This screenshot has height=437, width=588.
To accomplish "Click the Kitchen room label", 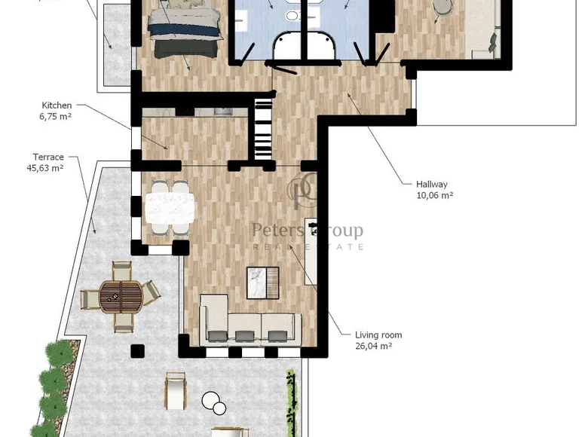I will [57, 105].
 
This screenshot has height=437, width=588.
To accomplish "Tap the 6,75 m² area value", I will [56, 117].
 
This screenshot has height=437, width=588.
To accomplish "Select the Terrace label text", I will [47, 157].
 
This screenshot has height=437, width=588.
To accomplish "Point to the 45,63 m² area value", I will [45, 168].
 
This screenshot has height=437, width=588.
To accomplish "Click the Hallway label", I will [432, 184].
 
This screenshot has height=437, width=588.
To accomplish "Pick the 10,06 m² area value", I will [435, 195].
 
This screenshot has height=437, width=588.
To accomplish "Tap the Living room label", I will [378, 335].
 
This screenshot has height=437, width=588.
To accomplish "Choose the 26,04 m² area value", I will [374, 347].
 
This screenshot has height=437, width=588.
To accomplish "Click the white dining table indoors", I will [170, 209].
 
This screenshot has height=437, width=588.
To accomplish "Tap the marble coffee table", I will [262, 283].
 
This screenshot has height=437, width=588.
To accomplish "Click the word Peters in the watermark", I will [276, 230].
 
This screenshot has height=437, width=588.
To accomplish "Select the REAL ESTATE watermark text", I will [308, 247].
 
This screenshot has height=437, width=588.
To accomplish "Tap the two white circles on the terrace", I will [214, 403].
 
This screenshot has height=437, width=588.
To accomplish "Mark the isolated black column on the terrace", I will [136, 350].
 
